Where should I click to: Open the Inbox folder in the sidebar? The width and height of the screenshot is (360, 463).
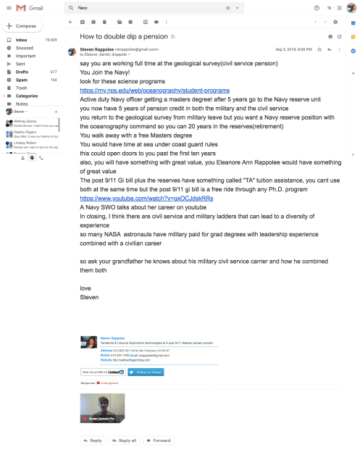[22, 40]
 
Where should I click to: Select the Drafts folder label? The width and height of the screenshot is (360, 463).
[22, 72]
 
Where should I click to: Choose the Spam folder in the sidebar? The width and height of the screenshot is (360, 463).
[21, 80]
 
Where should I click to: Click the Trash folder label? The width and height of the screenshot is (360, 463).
[22, 88]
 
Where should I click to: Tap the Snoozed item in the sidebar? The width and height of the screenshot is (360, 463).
[24, 48]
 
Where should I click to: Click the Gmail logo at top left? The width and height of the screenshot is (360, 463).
[26, 7]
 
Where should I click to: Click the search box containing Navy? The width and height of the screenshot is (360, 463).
[145, 7]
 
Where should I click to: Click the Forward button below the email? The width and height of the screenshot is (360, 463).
[158, 440]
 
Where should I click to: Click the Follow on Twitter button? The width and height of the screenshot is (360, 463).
[146, 372]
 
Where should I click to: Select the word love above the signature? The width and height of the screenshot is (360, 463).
[85, 288]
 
